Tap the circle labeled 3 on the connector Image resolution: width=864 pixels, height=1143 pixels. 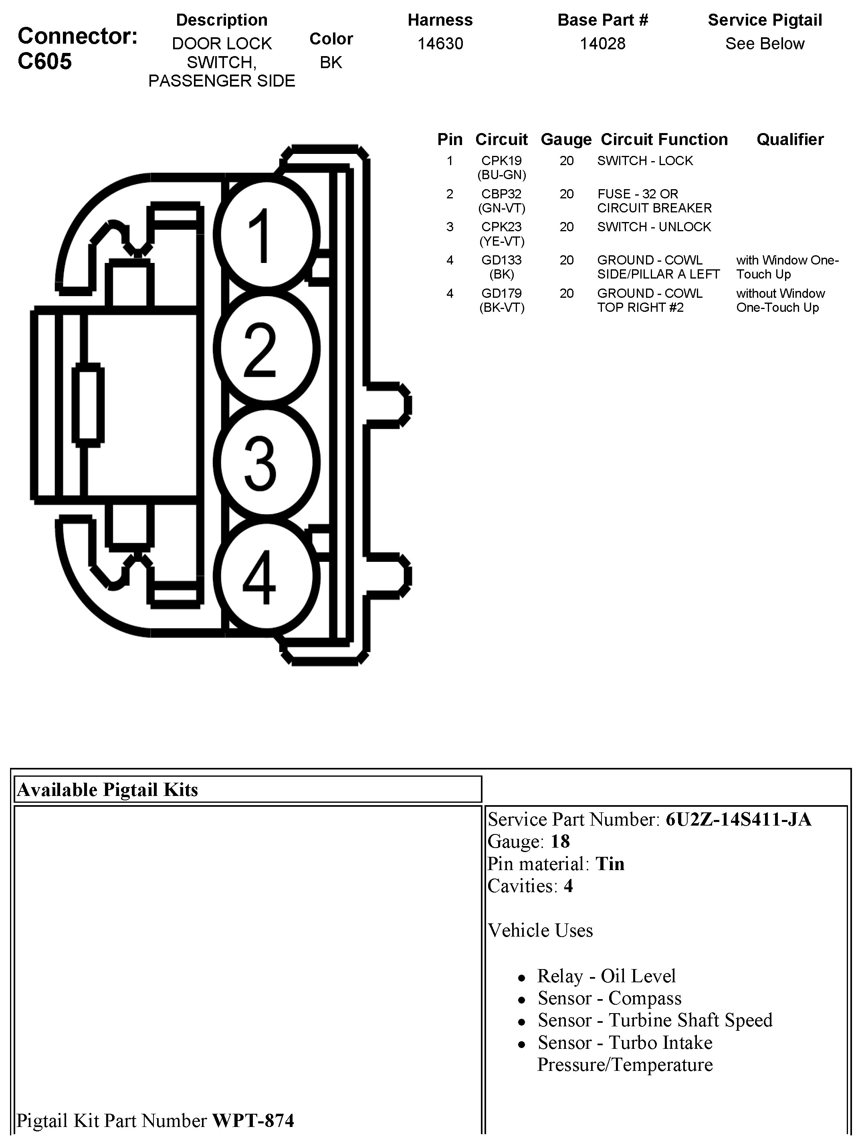point(266,462)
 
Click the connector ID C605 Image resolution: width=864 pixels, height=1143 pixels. point(44,61)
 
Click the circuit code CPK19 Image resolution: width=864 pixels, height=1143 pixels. point(501,161)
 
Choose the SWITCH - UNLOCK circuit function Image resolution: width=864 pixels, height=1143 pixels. point(654,227)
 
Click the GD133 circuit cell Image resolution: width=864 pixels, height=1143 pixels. point(501,261)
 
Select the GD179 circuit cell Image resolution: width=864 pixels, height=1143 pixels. point(501,293)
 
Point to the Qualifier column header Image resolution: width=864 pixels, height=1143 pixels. point(789,139)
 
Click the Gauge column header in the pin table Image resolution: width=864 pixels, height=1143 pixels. point(566,139)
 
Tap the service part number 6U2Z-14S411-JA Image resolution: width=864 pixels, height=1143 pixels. point(738,820)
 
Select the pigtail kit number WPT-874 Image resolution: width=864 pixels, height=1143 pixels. point(253,1120)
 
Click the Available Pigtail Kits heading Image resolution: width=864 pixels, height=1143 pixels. point(107,790)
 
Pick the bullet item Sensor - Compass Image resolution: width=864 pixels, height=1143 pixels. point(609,998)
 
